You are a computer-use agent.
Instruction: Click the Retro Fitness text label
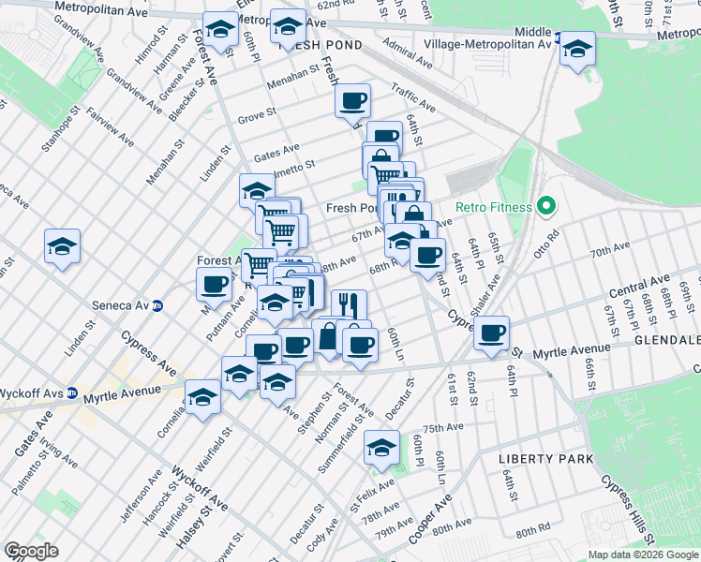(x=494, y=207)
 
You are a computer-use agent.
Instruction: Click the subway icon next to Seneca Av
(x=157, y=305)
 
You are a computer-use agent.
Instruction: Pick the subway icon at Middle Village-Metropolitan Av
(x=559, y=39)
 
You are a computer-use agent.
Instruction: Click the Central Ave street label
(x=639, y=285)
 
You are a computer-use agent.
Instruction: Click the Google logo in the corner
(x=31, y=551)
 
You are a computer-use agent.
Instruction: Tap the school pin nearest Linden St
(x=63, y=246)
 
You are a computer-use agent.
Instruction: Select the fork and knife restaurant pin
(x=349, y=304)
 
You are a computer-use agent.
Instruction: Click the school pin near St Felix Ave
(x=381, y=450)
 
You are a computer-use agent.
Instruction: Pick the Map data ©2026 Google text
(x=643, y=555)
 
